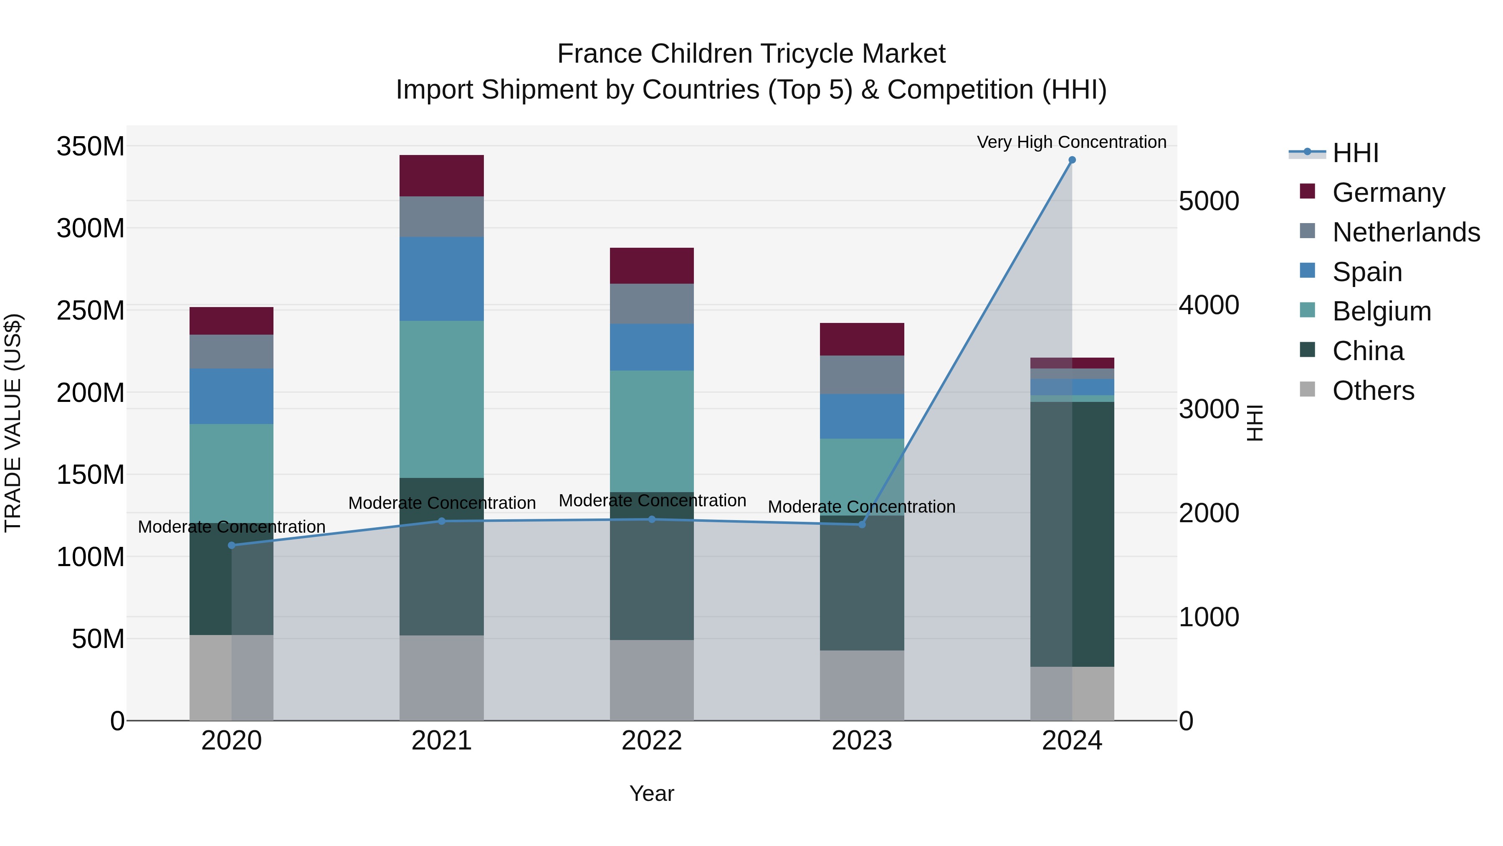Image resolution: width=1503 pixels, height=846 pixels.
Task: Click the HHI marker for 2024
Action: [x=1072, y=160]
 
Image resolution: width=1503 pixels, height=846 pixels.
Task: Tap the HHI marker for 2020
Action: [x=232, y=545]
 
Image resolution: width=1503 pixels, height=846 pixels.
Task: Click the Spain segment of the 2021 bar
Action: [x=442, y=279]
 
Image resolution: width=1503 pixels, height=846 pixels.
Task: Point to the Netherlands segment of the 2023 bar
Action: [x=862, y=374]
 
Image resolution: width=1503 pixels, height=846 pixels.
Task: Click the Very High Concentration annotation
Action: [x=1071, y=142]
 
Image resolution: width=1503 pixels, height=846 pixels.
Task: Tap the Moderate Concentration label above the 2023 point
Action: [x=861, y=507]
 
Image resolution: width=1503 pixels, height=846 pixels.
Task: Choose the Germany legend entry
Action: [x=1388, y=193]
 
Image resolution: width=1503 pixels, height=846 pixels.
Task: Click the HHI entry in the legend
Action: [x=1355, y=153]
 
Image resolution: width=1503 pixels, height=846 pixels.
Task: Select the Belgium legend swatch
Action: [x=1308, y=310]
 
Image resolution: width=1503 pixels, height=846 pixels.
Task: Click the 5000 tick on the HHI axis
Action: [x=1208, y=201]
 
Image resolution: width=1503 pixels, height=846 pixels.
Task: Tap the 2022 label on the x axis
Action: [x=652, y=741]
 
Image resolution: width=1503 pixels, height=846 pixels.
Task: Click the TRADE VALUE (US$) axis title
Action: [x=13, y=423]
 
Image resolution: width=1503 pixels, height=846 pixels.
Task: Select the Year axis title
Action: [x=652, y=793]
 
